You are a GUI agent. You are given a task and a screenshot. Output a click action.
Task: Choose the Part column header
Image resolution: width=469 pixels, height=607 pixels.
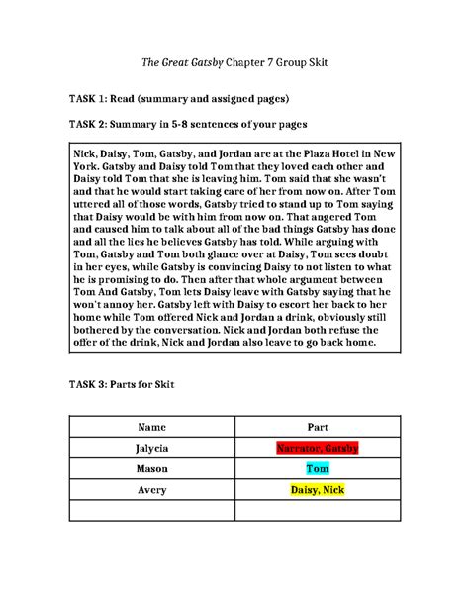(317, 426)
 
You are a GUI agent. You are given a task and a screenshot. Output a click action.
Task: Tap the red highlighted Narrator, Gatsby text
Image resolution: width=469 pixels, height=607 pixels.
(317, 448)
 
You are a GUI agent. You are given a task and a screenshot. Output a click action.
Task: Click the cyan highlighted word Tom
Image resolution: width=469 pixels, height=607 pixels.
(317, 469)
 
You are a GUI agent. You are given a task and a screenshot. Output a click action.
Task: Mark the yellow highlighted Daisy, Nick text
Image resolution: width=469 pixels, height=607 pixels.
(317, 490)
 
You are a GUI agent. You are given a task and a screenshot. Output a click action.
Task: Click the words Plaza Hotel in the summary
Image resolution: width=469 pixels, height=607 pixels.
(335, 155)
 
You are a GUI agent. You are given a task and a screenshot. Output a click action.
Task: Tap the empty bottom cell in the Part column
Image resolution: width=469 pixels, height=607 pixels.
(317, 511)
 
